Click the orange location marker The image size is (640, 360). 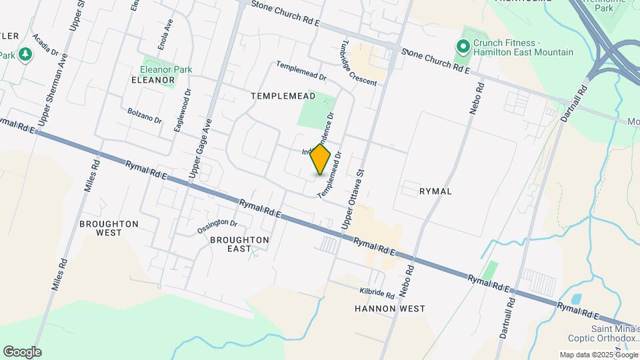pos(320,159)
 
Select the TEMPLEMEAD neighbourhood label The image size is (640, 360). pos(278,96)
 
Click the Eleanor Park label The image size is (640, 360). pos(166,69)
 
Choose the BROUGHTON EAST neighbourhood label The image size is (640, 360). pos(239,244)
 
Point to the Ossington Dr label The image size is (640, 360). pos(217,227)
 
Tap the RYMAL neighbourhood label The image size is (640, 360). pos(436,191)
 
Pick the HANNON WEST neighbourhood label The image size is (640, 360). pos(390,309)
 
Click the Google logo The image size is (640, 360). pos(22,352)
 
